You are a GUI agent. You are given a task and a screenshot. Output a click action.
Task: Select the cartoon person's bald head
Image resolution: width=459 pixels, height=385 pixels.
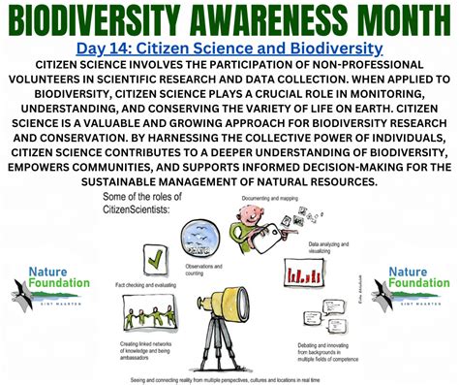(x=251, y=211)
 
